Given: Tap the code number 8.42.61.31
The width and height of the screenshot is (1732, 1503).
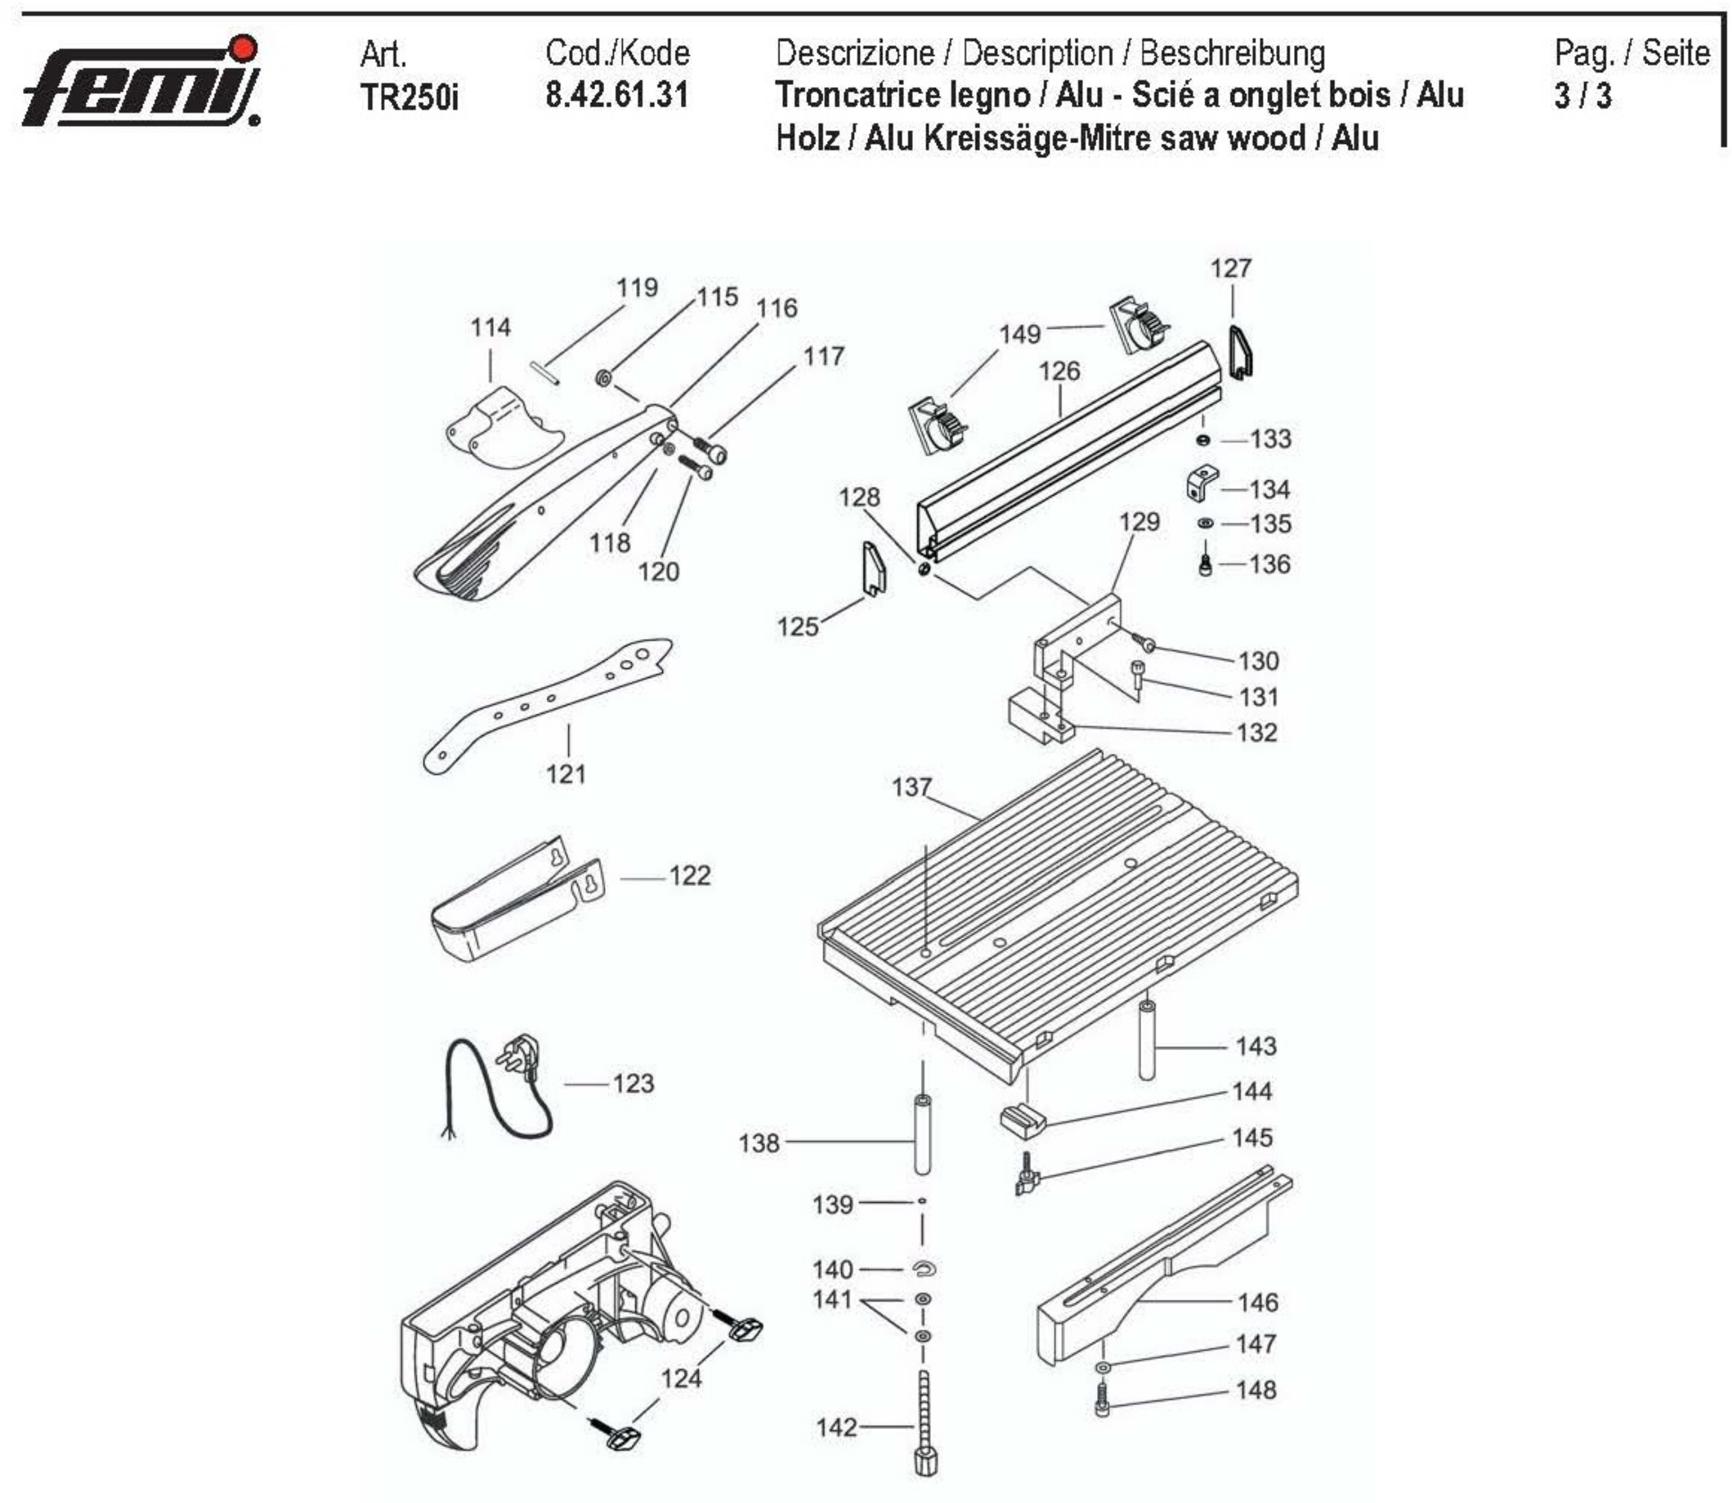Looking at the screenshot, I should coord(616,95).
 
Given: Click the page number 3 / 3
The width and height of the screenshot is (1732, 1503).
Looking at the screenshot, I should coord(1582,96).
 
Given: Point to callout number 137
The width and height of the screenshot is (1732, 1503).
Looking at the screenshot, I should coord(911,787).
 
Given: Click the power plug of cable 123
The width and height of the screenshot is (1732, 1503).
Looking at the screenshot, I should coord(518,1058).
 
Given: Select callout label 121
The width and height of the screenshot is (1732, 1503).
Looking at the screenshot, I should coord(566,773).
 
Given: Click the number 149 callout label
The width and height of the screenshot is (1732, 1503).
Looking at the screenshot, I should coord(1019,334).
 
